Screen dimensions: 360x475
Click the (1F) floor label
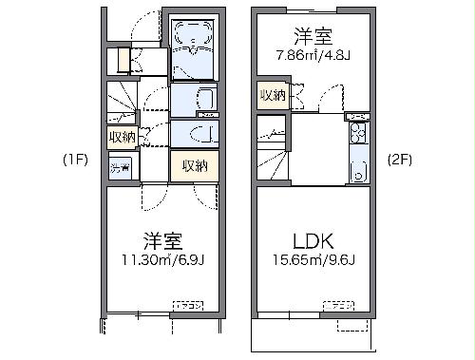75,160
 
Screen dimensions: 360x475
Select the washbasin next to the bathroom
196,99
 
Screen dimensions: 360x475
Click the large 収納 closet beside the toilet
194,166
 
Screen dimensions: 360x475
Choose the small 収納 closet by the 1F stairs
122,136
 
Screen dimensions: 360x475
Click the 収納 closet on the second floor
273,95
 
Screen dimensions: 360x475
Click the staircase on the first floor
121,100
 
